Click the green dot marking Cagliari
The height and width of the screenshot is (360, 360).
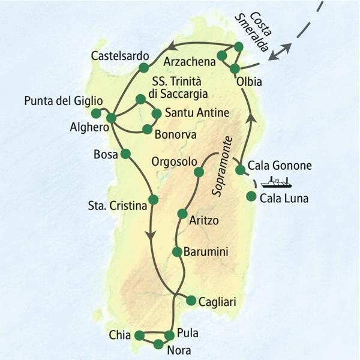point(191,300)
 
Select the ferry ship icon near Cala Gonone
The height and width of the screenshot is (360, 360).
point(278,181)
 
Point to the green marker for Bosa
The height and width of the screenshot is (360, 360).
point(125,154)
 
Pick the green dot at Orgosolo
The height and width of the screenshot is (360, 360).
point(199,173)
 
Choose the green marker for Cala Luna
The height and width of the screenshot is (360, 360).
point(251,196)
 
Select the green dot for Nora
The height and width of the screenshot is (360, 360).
point(158,344)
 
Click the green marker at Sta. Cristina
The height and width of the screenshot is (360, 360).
point(153,200)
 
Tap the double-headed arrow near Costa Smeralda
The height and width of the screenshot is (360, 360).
point(280,52)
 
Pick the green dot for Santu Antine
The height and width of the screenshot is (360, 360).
point(157,113)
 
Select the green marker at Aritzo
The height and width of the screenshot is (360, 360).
point(182,213)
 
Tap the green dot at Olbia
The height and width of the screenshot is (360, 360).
point(235,68)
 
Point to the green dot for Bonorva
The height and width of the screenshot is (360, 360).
point(146,128)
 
